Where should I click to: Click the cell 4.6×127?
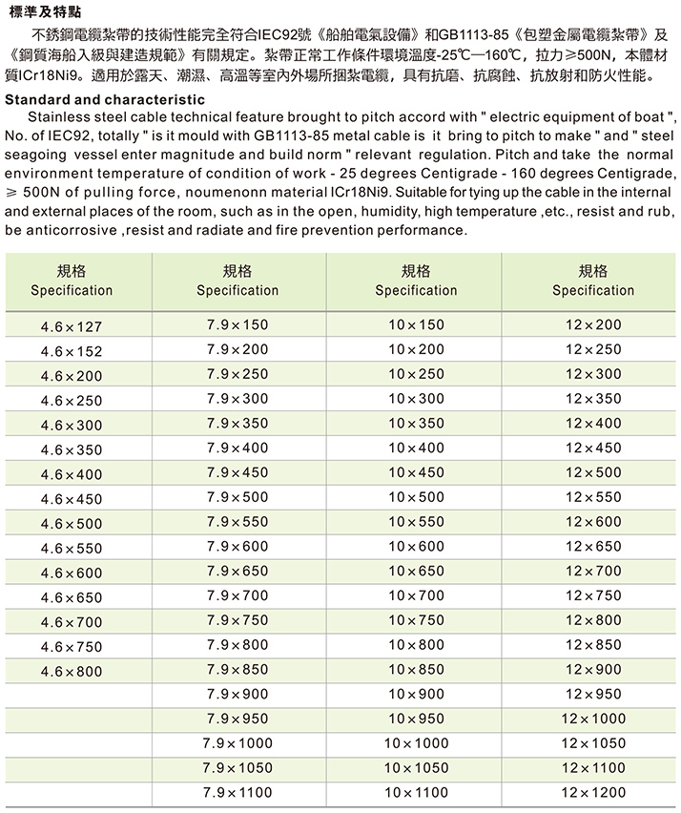pyautogui.click(x=72, y=326)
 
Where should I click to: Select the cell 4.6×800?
pyautogui.click(x=72, y=672)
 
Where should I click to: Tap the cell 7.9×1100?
pyautogui.click(x=237, y=792)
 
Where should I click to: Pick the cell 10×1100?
pyautogui.click(x=416, y=792)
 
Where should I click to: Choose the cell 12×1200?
pyautogui.click(x=592, y=792)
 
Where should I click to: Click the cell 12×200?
pyautogui.click(x=592, y=325)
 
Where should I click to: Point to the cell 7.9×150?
pyautogui.click(x=237, y=325)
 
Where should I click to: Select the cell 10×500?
pyautogui.click(x=416, y=497)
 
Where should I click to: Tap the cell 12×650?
pyautogui.click(x=592, y=546)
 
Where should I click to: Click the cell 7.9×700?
pyautogui.click(x=237, y=595)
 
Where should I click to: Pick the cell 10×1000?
pyautogui.click(x=416, y=742)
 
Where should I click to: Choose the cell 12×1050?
pyautogui.click(x=592, y=742)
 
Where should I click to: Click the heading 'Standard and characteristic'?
pyautogui.click(x=105, y=99)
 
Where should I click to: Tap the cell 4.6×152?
pyautogui.click(x=72, y=351)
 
